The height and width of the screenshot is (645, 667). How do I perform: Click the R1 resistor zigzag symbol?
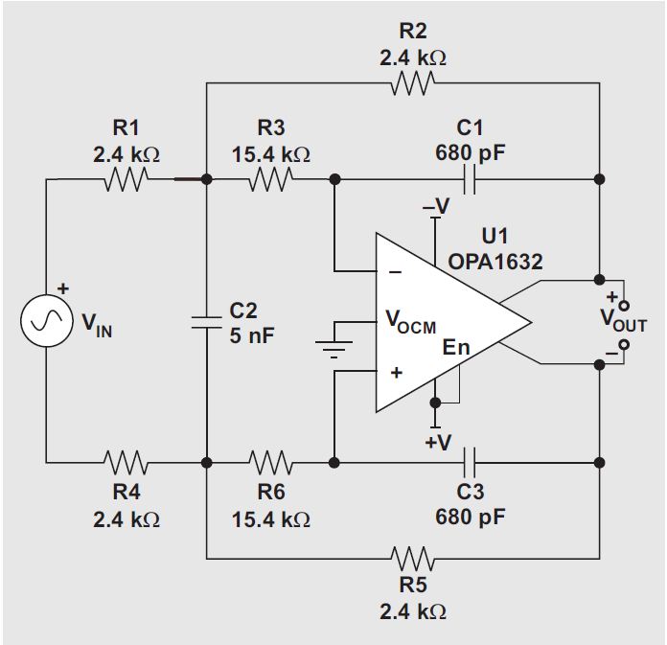pos(126,179)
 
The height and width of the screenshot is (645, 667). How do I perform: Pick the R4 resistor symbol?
pos(126,463)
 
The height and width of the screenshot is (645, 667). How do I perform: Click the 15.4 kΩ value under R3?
pos(270,153)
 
